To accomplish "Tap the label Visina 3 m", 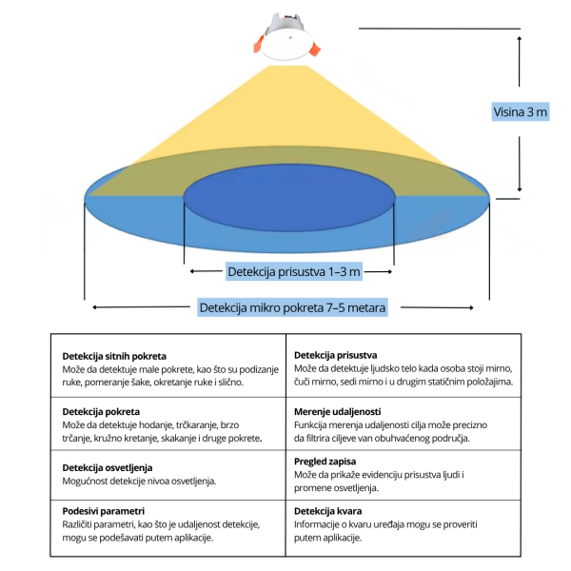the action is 520,111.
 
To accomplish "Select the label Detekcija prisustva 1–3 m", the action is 293,271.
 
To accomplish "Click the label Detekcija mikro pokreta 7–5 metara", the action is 292,307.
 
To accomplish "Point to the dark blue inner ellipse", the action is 289,198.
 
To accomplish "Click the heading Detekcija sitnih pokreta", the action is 114,356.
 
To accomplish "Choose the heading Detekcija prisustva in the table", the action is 335,355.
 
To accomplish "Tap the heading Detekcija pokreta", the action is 101,411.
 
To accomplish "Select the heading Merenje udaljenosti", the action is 337,411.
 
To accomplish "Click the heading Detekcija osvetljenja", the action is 107,467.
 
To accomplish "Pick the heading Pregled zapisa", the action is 325,462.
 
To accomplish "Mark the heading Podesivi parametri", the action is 104,511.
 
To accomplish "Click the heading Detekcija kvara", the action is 327,511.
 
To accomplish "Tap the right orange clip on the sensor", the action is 315,49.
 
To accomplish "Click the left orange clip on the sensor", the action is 259,45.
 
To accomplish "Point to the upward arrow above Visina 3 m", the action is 520,61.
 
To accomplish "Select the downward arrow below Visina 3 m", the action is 520,164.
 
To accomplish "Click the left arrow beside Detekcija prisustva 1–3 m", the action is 207,271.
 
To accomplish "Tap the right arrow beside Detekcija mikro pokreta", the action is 437,307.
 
